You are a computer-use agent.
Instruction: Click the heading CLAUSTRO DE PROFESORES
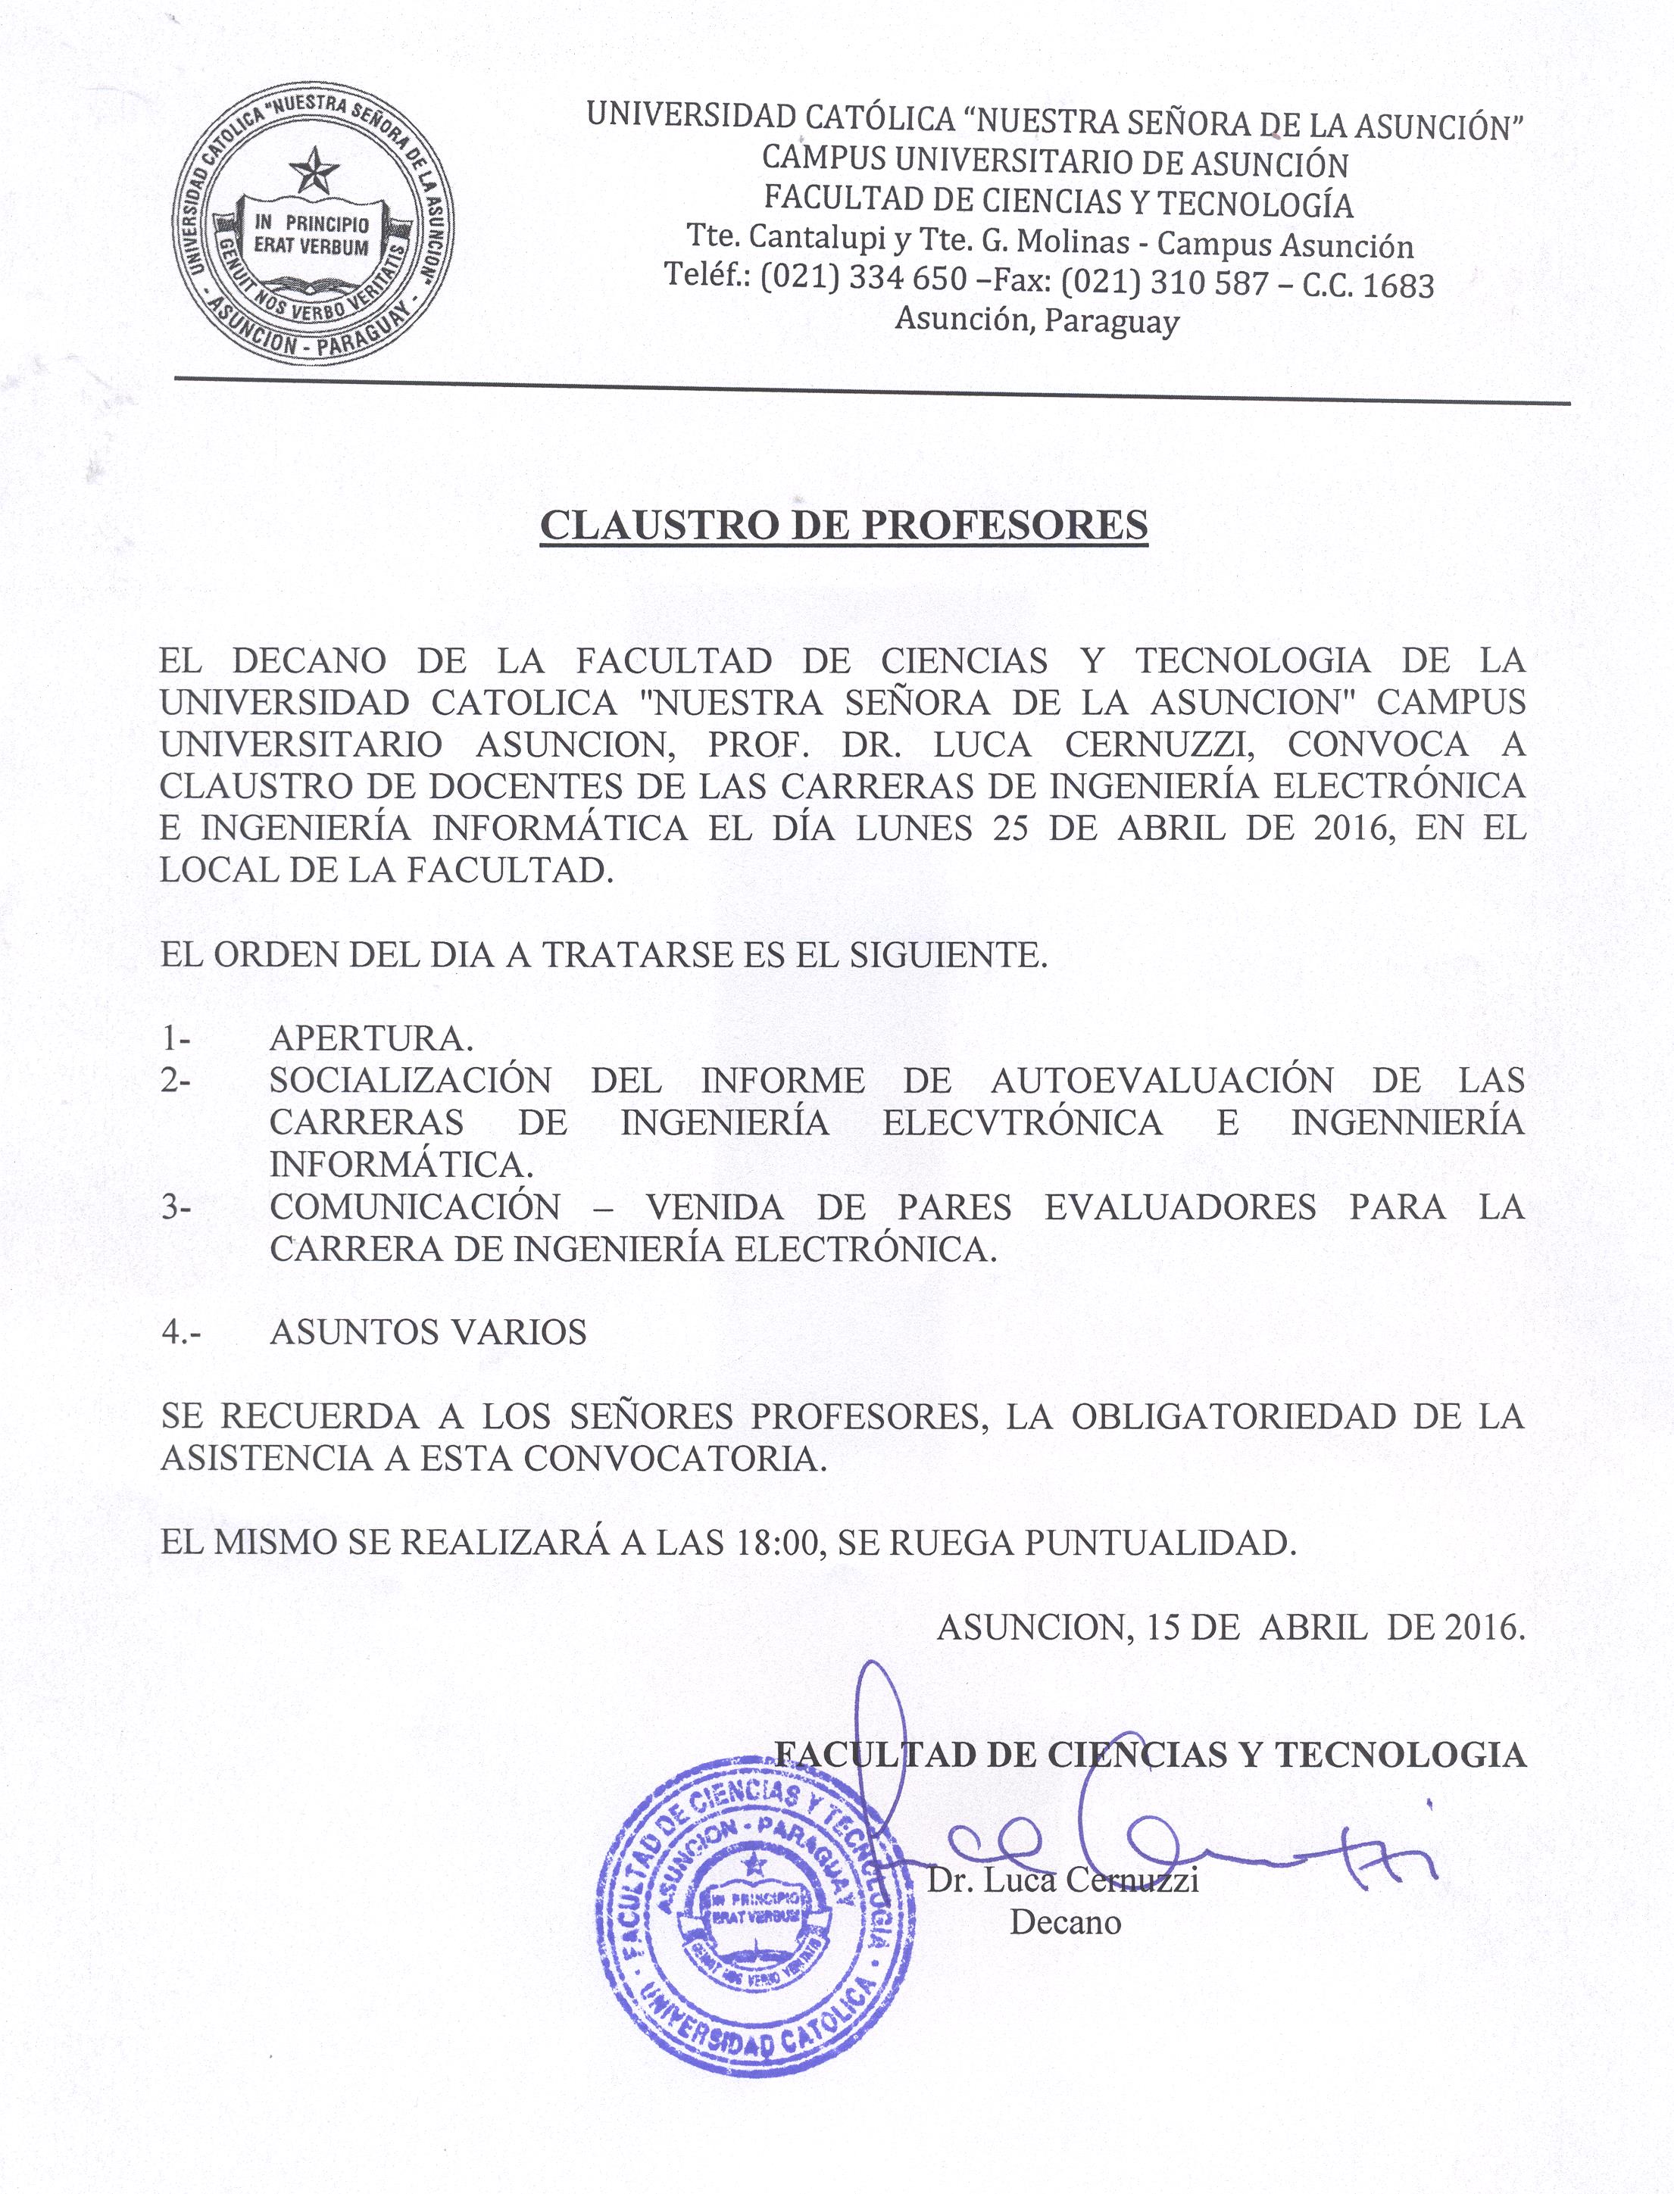pos(843,525)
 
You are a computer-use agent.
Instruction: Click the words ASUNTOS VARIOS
pos(429,1331)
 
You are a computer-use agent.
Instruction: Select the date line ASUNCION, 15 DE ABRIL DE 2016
pos(1231,1627)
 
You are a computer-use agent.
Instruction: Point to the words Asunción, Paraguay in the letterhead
pos(1036,321)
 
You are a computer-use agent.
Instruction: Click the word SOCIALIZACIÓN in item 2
pos(411,1081)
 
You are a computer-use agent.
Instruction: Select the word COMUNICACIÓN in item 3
pos(414,1206)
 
